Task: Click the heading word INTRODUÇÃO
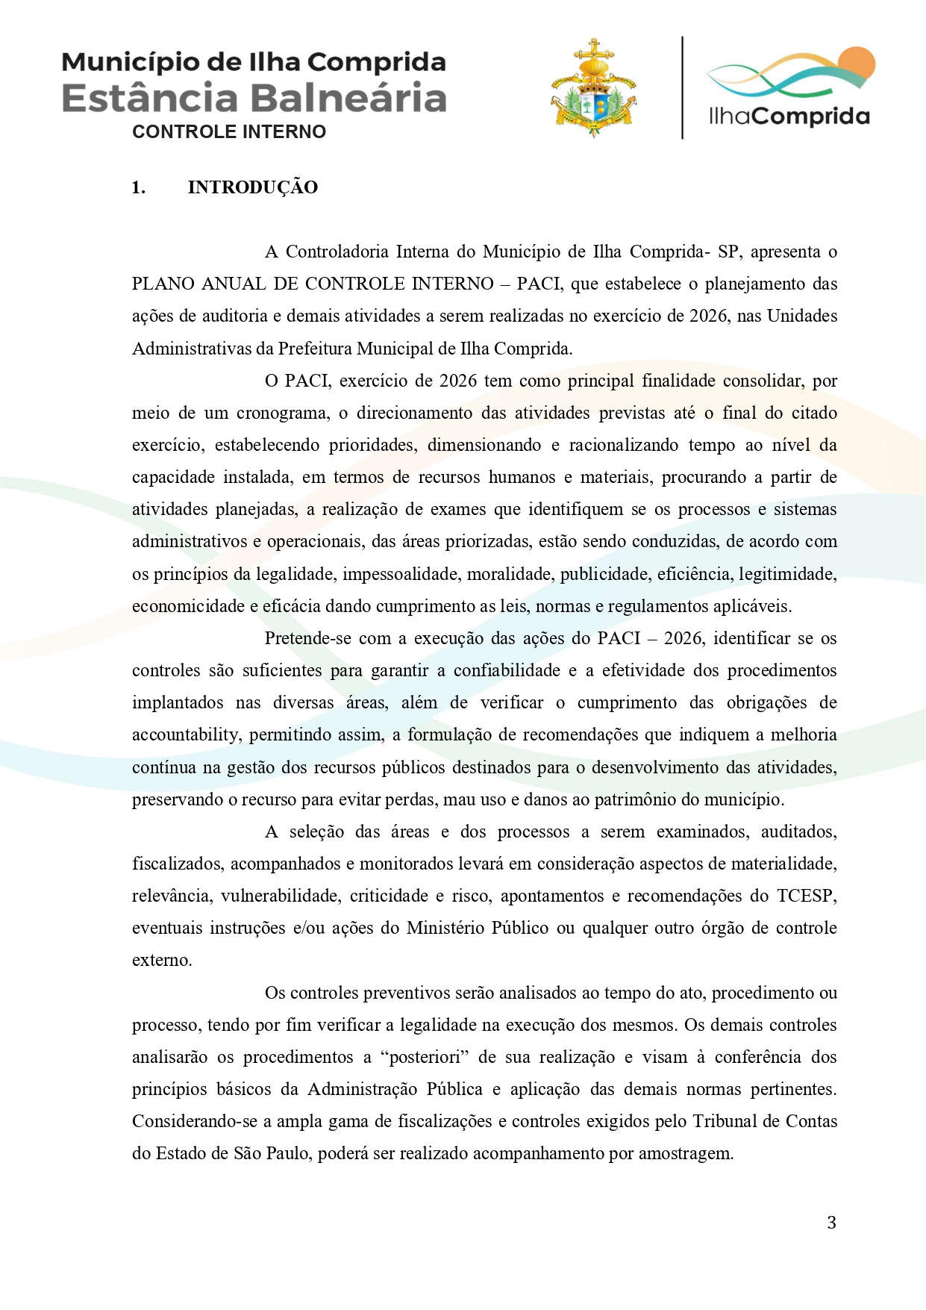point(252,187)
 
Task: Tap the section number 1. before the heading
point(138,187)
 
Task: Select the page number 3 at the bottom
point(831,1223)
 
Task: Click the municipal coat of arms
point(593,89)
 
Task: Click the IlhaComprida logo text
point(789,116)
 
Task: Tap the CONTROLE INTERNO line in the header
point(229,132)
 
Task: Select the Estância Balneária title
point(254,98)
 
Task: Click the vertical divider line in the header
point(682,87)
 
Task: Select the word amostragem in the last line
point(686,1153)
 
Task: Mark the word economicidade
point(188,606)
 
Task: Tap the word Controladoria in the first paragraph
point(337,252)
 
